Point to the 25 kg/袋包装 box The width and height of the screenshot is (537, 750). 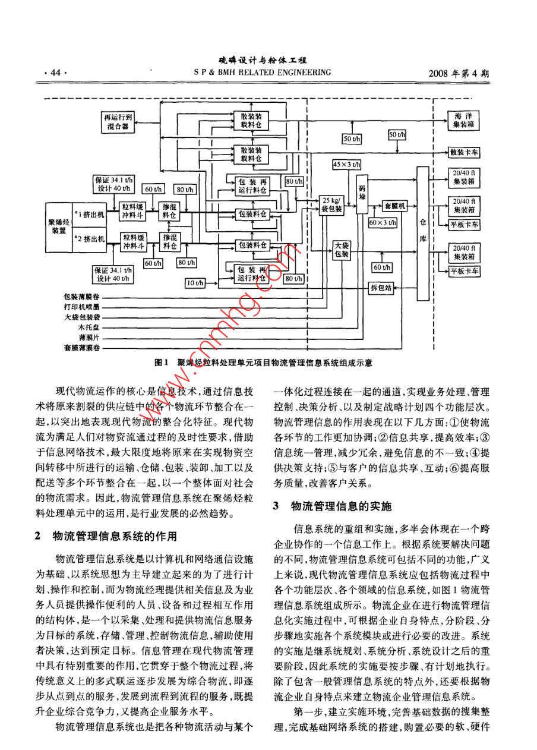[331, 204]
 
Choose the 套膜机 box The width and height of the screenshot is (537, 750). [394, 206]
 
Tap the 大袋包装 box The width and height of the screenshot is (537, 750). [341, 249]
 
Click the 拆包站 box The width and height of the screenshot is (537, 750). [380, 288]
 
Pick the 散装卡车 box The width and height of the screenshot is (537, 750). [465, 153]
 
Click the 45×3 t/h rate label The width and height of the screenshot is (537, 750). [346, 163]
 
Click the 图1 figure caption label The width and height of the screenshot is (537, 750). [162, 362]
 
